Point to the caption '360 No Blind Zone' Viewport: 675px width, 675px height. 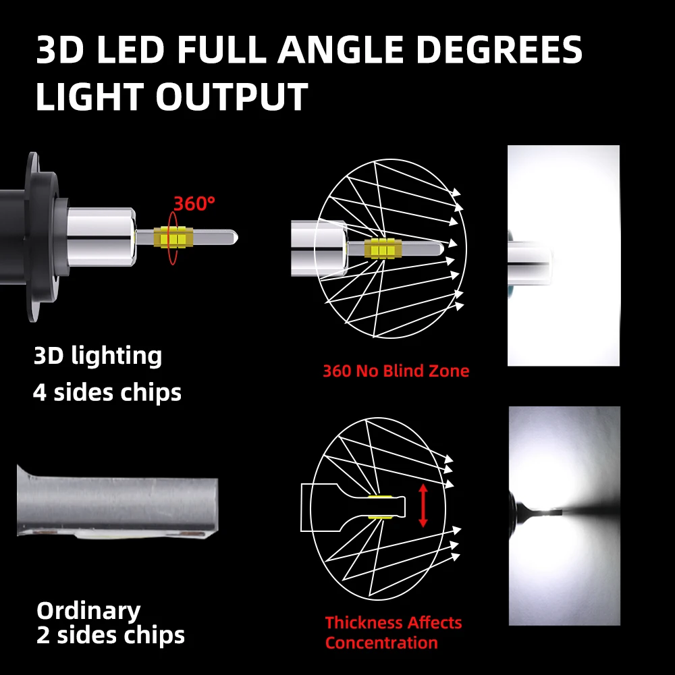point(396,371)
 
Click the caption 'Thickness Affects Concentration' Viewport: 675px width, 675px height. point(393,632)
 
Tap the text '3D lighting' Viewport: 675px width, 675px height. point(98,356)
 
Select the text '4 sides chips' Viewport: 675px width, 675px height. point(107,392)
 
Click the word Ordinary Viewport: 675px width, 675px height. point(88,611)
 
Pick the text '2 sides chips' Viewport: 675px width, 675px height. point(110,635)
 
